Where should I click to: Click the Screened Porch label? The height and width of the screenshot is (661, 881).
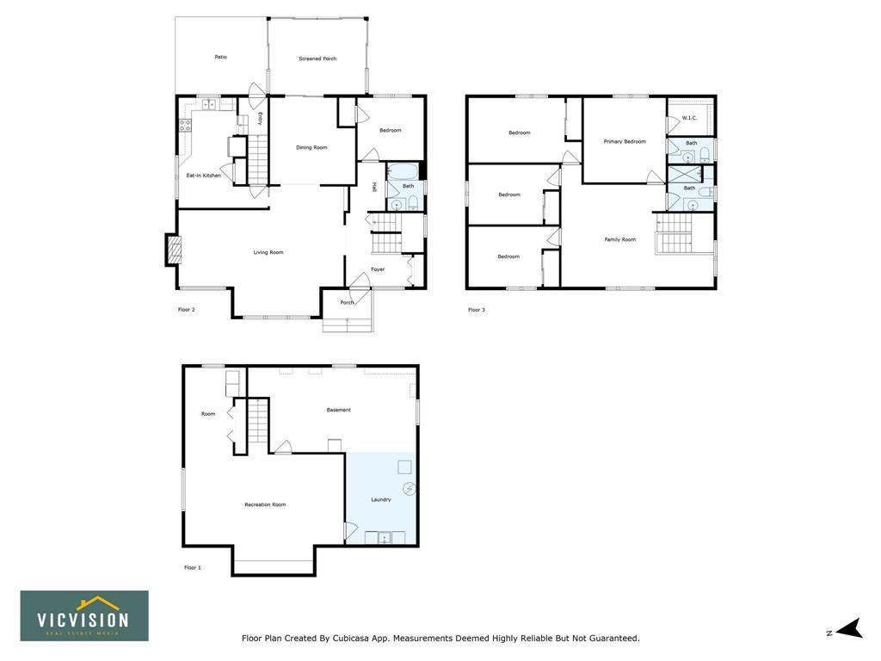click(x=317, y=59)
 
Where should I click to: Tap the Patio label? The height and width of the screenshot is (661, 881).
click(x=221, y=57)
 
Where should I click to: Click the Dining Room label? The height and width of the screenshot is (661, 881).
click(x=311, y=147)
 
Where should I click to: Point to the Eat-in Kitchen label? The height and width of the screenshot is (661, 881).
click(x=203, y=176)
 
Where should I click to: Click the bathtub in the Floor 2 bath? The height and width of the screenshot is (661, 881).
click(x=403, y=171)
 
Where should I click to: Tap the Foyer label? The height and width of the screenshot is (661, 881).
click(x=378, y=269)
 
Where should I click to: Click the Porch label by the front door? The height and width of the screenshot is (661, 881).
click(x=348, y=302)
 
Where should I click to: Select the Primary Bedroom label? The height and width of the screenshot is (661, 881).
click(x=625, y=142)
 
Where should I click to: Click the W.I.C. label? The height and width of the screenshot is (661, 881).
click(x=689, y=118)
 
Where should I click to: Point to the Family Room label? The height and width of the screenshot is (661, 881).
click(x=620, y=239)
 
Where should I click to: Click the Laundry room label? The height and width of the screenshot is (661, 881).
click(x=381, y=499)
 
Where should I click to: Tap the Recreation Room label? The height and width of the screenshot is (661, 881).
click(x=265, y=504)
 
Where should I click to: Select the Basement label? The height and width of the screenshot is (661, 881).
click(x=339, y=410)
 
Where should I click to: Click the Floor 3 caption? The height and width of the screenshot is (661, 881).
click(x=477, y=310)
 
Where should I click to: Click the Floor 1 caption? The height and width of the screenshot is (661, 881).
click(x=192, y=568)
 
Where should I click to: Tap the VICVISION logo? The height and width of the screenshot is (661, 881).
click(x=84, y=615)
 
